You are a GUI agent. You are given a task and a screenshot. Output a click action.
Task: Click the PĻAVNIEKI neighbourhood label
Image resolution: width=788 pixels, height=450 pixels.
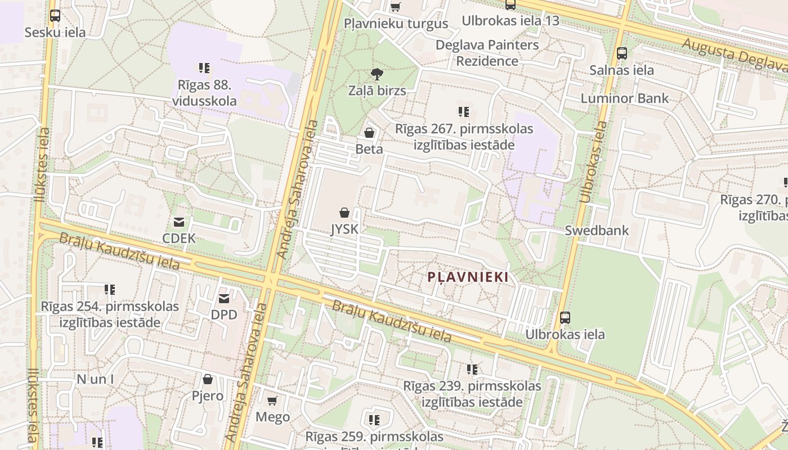pos(468,277)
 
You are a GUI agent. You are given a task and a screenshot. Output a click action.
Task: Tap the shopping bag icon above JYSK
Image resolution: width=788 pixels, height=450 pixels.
pos(344,213)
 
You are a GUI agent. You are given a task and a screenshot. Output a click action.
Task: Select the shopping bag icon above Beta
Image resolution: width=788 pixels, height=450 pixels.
pos(369,133)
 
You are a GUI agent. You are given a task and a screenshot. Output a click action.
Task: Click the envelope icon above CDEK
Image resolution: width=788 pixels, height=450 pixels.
pos(179,222)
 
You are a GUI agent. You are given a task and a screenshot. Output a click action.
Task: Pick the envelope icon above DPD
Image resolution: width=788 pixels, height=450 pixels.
pos(224,298)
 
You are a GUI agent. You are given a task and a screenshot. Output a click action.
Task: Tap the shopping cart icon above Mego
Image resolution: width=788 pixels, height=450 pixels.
pos(272,400)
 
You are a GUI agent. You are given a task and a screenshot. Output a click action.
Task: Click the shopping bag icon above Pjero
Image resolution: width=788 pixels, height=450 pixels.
pos(208,379)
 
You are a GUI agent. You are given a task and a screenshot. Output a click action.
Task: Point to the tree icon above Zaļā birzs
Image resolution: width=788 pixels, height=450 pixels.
pos(377,74)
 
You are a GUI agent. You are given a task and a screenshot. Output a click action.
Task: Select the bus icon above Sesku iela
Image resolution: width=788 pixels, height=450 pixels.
pos(55,16)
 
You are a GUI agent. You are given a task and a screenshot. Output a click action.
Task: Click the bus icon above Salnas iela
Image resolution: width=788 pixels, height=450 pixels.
pos(622,53)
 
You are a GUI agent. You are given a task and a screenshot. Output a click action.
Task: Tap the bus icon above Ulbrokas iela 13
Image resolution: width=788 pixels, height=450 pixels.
pos(511,4)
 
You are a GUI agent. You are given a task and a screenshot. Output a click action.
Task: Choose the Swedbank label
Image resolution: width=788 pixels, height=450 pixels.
pos(597,230)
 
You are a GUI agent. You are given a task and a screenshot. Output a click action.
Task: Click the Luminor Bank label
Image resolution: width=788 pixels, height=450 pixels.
pos(625,98)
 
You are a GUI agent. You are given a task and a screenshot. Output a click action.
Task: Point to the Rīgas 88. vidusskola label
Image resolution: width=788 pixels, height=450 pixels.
pos(204,93)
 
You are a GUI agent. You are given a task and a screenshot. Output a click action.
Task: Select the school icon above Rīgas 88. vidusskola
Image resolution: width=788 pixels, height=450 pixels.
pos(204,68)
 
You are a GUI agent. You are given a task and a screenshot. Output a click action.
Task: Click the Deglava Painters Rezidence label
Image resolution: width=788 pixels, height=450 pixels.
pos(487,52)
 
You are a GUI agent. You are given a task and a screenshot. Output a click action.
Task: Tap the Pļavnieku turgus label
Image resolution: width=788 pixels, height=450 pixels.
pos(396,24)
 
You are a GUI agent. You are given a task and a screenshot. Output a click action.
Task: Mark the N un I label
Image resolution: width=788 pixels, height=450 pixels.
pos(95,379)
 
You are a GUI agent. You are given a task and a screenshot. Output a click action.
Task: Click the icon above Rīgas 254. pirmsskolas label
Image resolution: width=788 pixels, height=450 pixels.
pos(110,290)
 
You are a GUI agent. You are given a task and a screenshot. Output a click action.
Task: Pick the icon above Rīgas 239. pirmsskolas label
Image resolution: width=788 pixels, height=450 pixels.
pos(472,370)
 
